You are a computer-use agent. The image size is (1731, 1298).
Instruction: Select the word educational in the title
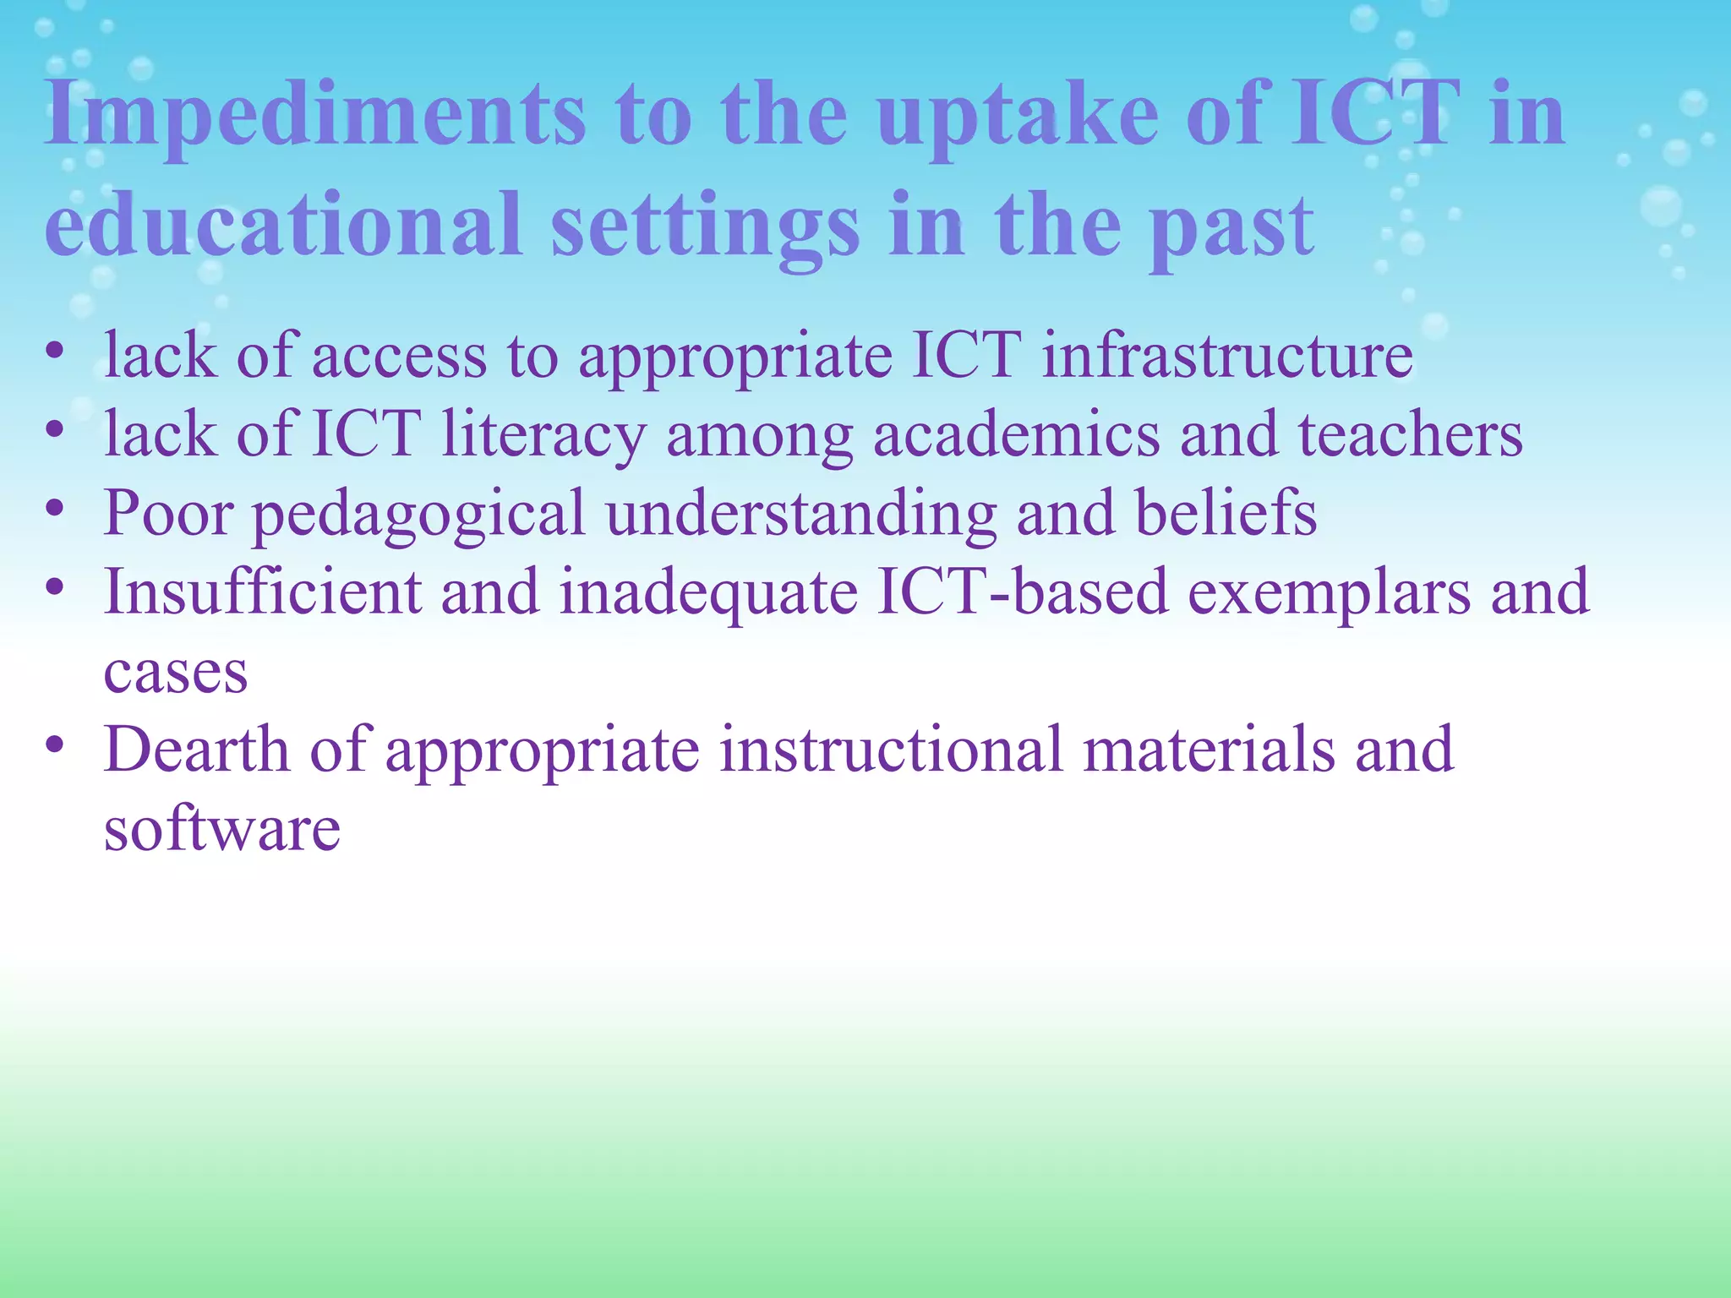click(x=283, y=224)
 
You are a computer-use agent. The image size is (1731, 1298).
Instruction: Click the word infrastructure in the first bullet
click(x=1226, y=355)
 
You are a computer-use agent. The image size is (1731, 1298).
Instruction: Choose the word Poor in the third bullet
click(x=168, y=512)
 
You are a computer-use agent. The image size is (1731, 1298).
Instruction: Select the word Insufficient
click(x=262, y=591)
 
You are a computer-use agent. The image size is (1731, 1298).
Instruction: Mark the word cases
click(x=176, y=673)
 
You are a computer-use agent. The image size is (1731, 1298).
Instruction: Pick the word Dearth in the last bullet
click(x=196, y=749)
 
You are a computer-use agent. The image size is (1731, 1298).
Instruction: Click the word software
click(x=221, y=828)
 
